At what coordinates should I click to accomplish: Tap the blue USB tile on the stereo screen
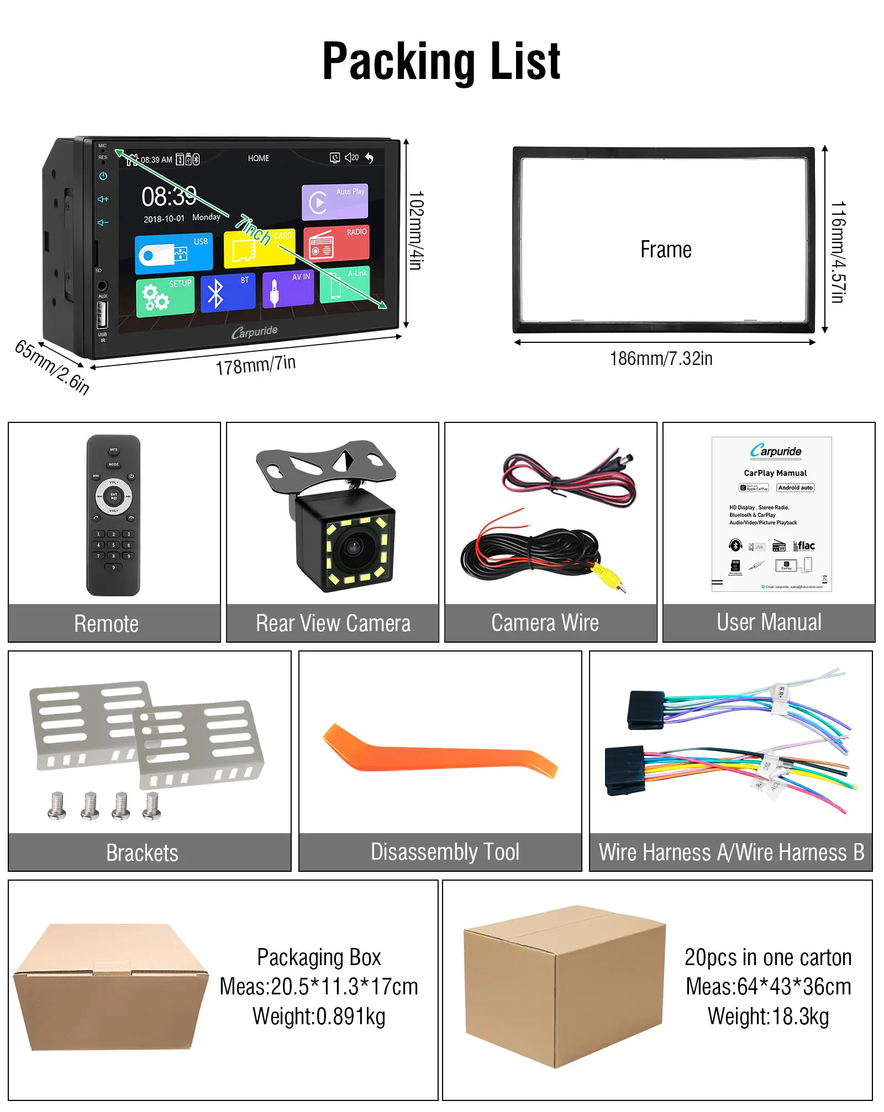point(173,253)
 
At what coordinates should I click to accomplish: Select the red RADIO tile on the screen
point(336,243)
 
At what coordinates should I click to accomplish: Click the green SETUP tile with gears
point(165,296)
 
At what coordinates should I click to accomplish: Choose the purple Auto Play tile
point(334,202)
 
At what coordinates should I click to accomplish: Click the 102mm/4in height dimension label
point(416,230)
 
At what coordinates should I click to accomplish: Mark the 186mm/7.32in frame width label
point(661,359)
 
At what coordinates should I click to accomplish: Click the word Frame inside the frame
point(666,250)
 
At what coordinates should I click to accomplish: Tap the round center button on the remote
point(114,496)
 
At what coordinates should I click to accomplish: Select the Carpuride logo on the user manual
point(776,451)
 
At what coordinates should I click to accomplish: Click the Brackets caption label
point(142,852)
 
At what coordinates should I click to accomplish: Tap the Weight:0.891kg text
point(319,1016)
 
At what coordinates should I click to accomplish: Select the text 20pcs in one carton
point(768,957)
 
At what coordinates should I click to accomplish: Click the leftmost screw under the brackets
point(57,806)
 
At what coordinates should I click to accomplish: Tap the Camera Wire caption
point(545,623)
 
